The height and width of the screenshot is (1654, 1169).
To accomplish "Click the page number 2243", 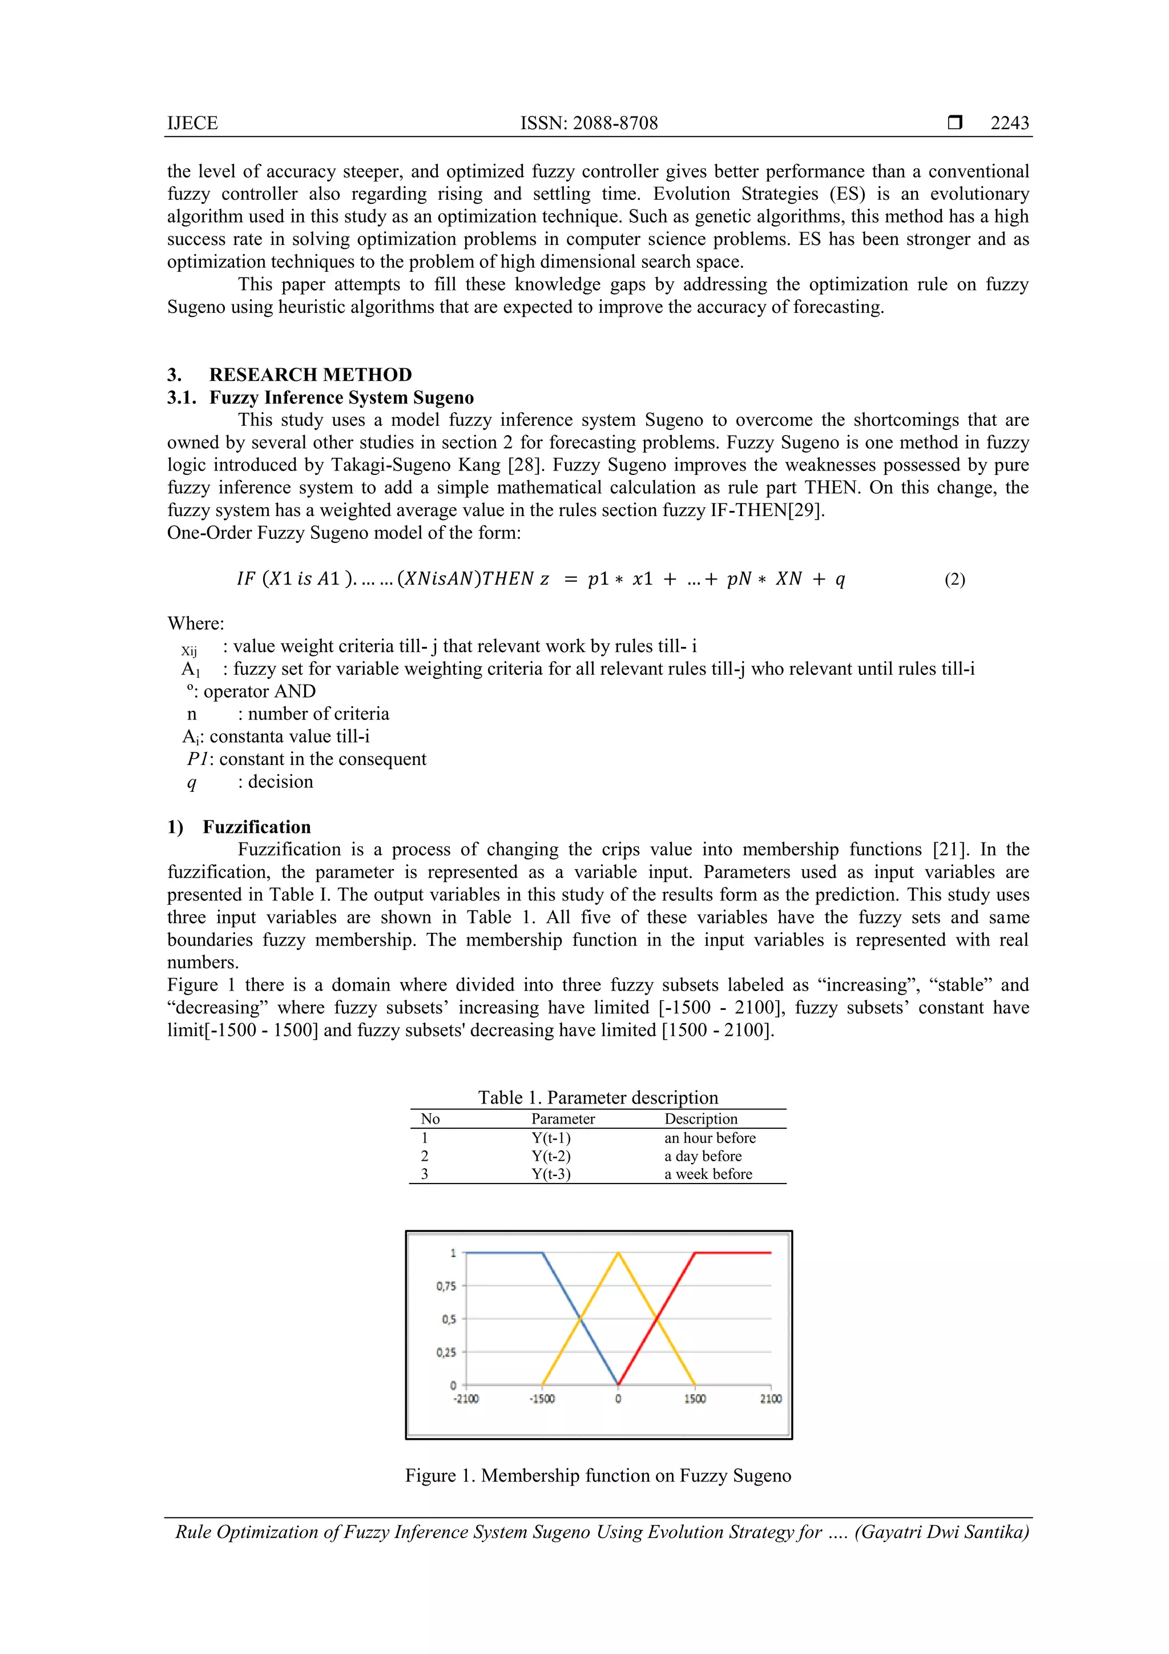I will click(1009, 123).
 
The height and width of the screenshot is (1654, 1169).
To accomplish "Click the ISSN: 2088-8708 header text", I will click(588, 123).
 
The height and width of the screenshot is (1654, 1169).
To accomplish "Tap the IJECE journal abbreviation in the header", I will click(192, 123).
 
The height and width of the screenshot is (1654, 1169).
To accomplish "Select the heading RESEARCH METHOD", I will click(310, 375).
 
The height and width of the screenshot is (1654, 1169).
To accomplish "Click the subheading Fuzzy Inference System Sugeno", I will click(341, 397).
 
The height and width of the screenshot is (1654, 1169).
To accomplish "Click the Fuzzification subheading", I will click(256, 827).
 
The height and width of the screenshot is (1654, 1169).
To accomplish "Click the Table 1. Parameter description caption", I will click(598, 1097).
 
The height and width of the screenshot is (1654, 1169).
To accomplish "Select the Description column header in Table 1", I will click(700, 1119).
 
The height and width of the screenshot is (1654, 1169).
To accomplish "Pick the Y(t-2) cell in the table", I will click(551, 1156).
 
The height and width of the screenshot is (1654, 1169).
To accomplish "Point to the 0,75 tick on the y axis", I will click(446, 1286).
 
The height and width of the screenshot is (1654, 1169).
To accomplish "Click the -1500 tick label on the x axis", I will click(542, 1399).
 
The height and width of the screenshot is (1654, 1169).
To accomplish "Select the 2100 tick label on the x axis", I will click(770, 1399).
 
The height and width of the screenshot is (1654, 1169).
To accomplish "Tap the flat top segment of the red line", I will click(733, 1253).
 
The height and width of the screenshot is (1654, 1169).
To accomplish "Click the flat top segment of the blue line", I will click(504, 1253).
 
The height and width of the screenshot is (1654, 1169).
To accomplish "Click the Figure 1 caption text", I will click(598, 1475).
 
